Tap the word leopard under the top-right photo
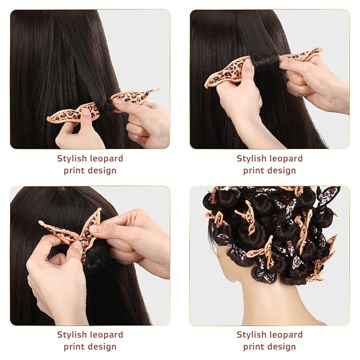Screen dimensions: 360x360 click(285, 158)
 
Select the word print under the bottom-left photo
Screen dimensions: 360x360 click(73, 347)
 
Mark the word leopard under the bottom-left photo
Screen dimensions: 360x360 click(106, 335)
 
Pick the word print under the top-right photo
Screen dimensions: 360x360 click(253, 170)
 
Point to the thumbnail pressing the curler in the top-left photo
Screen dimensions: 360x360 click(85, 114)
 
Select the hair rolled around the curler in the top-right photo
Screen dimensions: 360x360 click(265, 63)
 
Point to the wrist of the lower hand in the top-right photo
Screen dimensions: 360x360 click(249, 133)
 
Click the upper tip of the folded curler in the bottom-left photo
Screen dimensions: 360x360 click(99, 210)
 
